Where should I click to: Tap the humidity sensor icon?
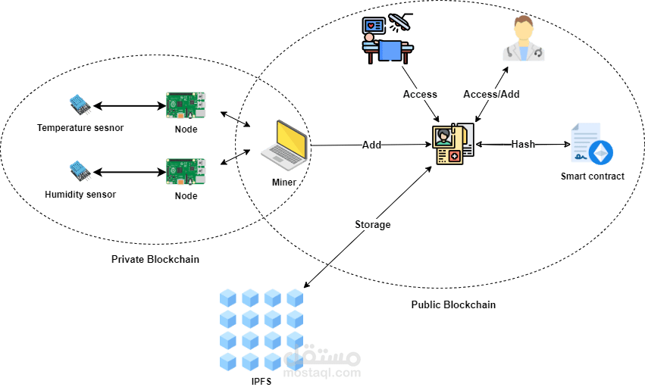point(80,171)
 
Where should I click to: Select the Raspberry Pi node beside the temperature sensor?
point(186,106)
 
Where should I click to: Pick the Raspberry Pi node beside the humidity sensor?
point(186,172)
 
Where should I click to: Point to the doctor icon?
point(523,42)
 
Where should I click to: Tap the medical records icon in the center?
point(452,145)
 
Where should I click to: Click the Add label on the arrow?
point(371,145)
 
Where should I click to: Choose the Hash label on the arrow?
point(523,144)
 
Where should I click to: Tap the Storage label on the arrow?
point(372,224)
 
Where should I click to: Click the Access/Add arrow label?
point(491,94)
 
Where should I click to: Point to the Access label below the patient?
point(420,94)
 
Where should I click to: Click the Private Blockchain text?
point(155,259)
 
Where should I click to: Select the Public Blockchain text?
point(453,304)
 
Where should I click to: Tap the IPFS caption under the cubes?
point(261,380)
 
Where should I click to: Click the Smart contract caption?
point(593,176)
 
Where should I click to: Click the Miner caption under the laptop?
point(283,183)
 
